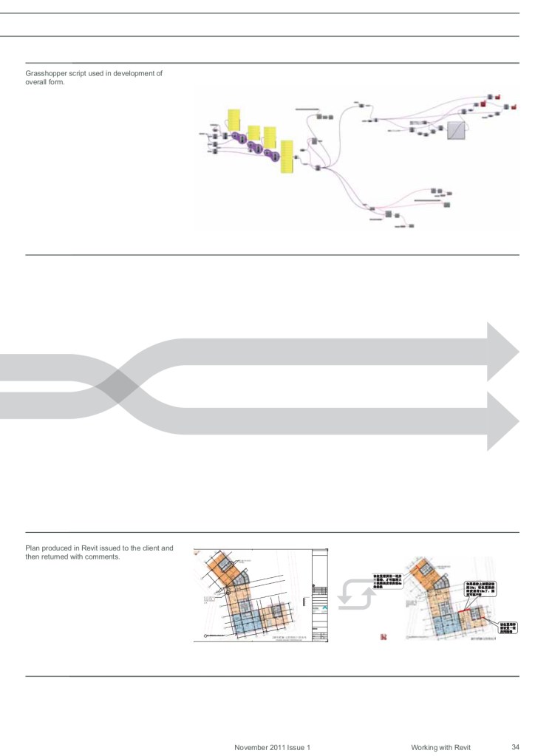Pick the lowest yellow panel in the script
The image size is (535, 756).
(287, 157)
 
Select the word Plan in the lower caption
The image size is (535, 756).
(33, 548)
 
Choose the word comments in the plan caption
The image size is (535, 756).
(103, 556)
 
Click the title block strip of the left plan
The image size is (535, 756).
(321, 595)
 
